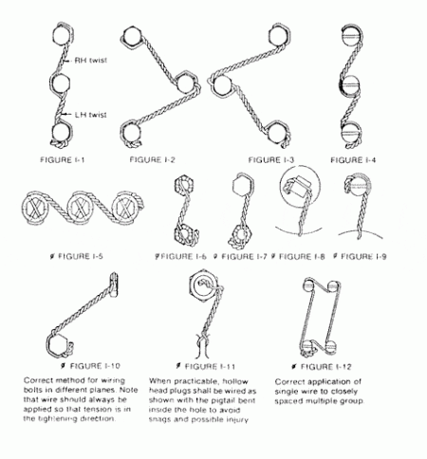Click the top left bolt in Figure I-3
(x=221, y=83)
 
